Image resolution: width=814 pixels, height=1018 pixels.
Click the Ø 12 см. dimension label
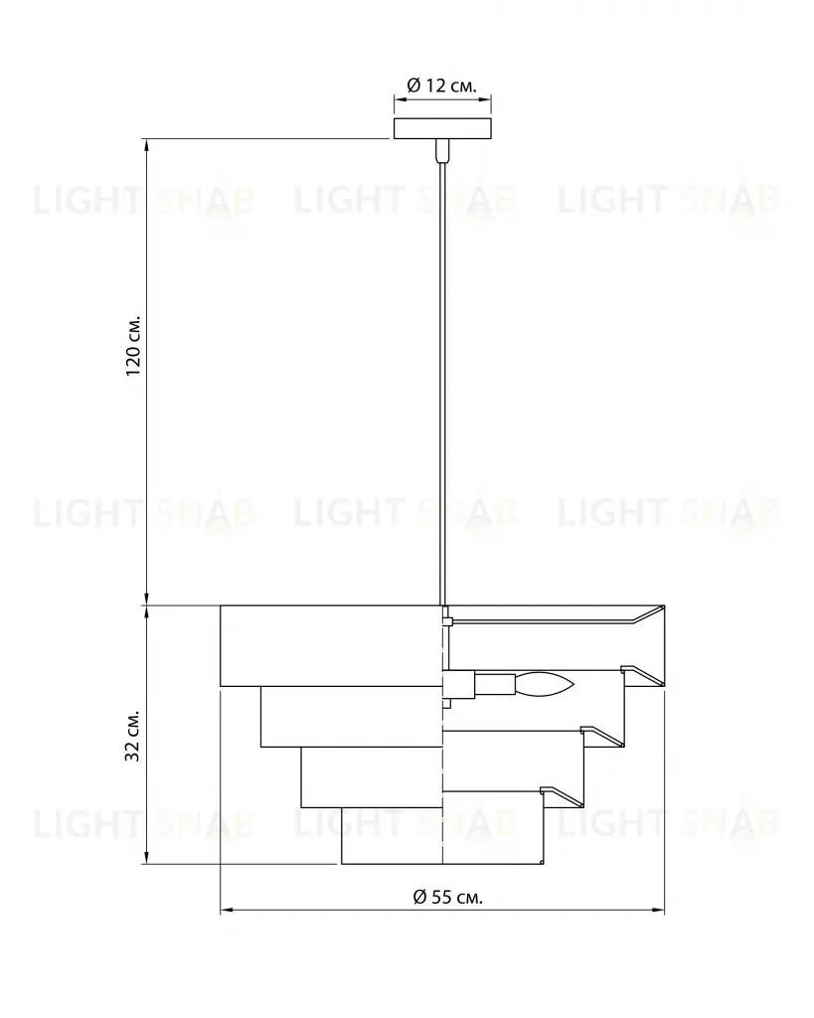[x=441, y=85]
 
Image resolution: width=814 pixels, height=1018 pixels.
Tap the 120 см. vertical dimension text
[x=133, y=347]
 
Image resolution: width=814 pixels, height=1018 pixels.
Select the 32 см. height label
[x=133, y=736]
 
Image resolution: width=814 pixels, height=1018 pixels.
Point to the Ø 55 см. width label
[x=448, y=898]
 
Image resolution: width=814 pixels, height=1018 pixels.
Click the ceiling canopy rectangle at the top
[x=442, y=128]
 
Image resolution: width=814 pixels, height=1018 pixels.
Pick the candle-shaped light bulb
[x=545, y=684]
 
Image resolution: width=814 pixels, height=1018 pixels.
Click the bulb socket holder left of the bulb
[x=495, y=684]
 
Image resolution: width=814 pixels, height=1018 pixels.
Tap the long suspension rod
[x=442, y=383]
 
